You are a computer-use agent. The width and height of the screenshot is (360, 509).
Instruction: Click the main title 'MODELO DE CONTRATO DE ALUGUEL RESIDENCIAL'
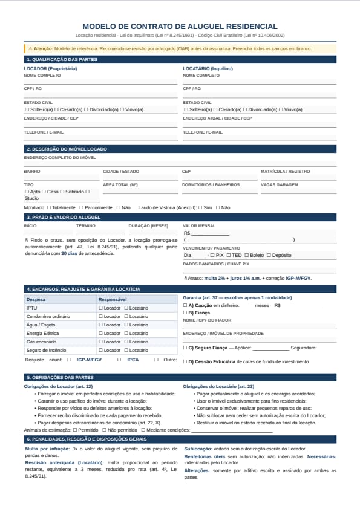180,27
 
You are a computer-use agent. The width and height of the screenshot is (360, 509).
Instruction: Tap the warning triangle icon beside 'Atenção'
30,48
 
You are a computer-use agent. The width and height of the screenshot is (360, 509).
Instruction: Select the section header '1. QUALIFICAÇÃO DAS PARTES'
62,59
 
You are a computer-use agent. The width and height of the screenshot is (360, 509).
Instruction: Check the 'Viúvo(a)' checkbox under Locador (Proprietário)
122,109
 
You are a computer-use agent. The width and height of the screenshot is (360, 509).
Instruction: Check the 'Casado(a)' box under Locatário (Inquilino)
215,109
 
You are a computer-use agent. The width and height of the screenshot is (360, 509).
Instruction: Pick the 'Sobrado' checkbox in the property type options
62,192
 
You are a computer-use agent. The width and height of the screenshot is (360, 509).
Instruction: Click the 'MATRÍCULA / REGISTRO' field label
286,171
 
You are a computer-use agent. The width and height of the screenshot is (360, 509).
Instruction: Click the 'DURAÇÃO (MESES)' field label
148,225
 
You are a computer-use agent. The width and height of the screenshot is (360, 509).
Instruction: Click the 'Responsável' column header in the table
112,299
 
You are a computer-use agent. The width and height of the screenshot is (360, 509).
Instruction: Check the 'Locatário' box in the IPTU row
126,308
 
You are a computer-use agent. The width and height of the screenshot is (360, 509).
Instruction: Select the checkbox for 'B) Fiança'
185,313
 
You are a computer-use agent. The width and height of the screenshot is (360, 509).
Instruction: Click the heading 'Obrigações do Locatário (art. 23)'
218,386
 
